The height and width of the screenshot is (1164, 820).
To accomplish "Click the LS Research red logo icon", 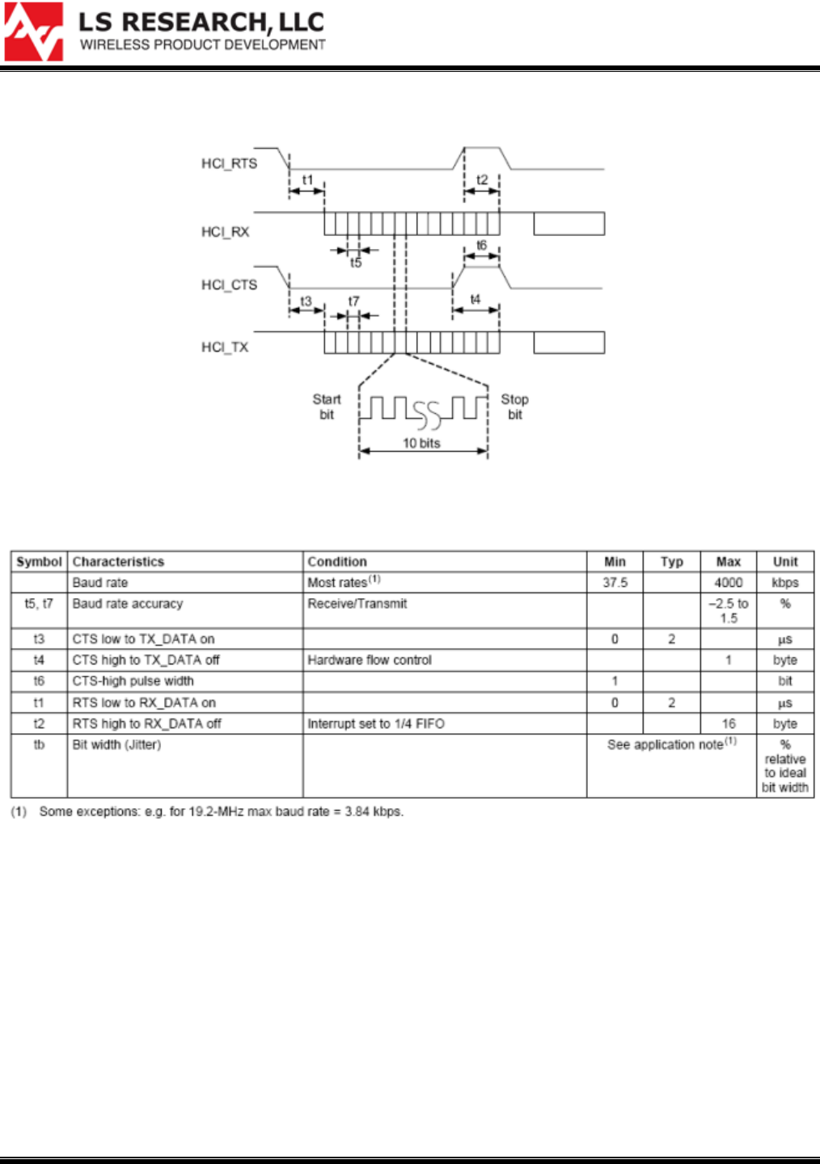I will pos(33,32).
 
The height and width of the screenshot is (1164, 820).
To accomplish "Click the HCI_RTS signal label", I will pos(229,163).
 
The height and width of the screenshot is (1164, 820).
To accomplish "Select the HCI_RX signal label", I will pos(225,232).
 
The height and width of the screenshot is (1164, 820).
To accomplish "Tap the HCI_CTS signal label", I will pos(229,285).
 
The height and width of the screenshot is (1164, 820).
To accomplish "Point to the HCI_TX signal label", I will pos(225,347).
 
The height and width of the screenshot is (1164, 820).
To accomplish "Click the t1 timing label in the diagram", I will pos(307,179).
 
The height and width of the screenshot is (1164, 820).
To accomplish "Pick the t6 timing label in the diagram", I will pos(481,245).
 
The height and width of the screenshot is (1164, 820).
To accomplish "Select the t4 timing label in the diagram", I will pos(475,300).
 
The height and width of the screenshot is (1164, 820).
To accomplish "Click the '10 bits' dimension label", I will pos(421,443).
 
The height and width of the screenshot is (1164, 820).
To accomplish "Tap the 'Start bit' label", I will pos(327,407).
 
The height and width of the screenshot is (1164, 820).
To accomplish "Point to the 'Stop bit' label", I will pos(514,407).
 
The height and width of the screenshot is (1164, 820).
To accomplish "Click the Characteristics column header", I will pos(118,562).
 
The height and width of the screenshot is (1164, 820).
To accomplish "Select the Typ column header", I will pos(671,562).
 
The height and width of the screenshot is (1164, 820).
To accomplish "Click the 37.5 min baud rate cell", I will pos(615,583).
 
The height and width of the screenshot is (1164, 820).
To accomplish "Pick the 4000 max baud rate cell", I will pos(728,583).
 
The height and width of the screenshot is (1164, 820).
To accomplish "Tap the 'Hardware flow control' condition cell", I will pos(370,660).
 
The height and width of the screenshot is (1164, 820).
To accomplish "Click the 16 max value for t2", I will pos(728,724).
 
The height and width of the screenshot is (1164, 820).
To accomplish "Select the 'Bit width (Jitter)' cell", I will pos(116,744).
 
